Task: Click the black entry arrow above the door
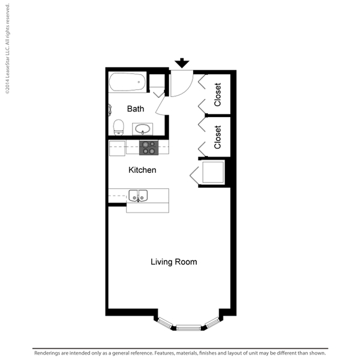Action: click(182, 62)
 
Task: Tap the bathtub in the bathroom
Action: click(127, 82)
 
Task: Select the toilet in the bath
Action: click(118, 127)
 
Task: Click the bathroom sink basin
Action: click(142, 129)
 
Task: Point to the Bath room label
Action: click(136, 109)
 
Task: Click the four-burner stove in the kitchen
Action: click(149, 148)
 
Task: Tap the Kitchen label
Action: click(142, 170)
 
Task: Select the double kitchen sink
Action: click(138, 196)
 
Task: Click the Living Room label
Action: click(174, 262)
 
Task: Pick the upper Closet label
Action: click(217, 95)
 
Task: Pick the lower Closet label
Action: click(217, 137)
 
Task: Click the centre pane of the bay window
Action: click(188, 328)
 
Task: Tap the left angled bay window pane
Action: click(165, 323)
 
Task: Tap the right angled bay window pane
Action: click(212, 323)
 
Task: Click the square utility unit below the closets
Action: click(213, 172)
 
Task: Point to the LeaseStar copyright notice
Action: click(7, 49)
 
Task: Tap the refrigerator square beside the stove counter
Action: click(117, 148)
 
